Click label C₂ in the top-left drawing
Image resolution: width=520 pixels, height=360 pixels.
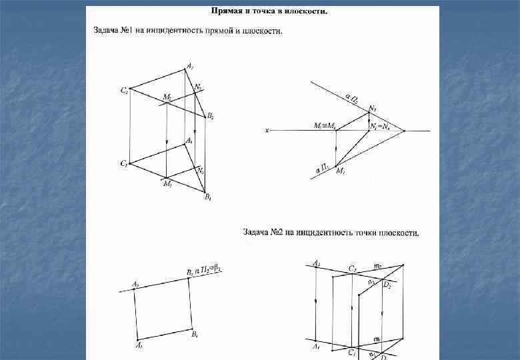124,91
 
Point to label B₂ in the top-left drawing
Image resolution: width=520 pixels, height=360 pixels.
210,116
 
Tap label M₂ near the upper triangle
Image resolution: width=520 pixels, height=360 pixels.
167,97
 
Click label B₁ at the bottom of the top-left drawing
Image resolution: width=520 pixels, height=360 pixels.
208,197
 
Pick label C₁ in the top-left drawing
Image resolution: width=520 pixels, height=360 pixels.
124,163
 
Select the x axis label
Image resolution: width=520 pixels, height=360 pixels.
266,131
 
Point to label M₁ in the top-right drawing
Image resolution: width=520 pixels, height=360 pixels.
341,171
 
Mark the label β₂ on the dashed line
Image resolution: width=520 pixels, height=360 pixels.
217,269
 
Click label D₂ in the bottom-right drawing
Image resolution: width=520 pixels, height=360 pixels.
387,285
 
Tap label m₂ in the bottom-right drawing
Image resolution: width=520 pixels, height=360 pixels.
378,265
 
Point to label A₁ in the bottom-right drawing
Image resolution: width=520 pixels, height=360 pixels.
316,347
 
